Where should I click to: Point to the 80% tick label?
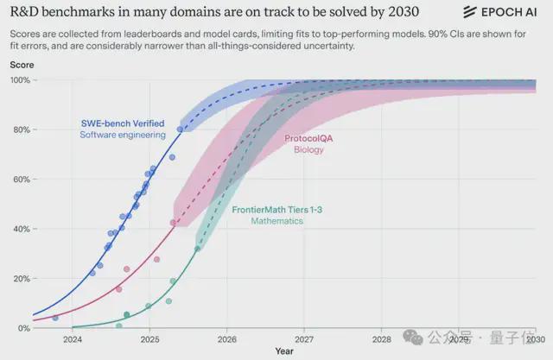click(x=20, y=129)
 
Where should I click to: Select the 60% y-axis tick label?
click(x=20, y=180)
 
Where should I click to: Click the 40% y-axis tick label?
click(x=20, y=229)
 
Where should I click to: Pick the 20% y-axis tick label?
click(x=20, y=279)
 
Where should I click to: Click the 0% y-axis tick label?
click(x=22, y=328)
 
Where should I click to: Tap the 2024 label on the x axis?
click(x=73, y=339)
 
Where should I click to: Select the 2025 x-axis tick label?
click(x=149, y=339)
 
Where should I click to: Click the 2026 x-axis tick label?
click(x=226, y=339)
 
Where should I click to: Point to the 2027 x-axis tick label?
click(x=303, y=339)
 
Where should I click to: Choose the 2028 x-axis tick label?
click(x=380, y=339)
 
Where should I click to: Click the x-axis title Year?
click(x=284, y=351)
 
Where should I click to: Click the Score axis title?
click(x=21, y=65)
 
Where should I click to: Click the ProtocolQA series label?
click(x=308, y=138)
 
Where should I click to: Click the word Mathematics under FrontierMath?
click(x=277, y=221)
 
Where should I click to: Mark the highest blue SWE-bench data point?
click(x=180, y=129)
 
